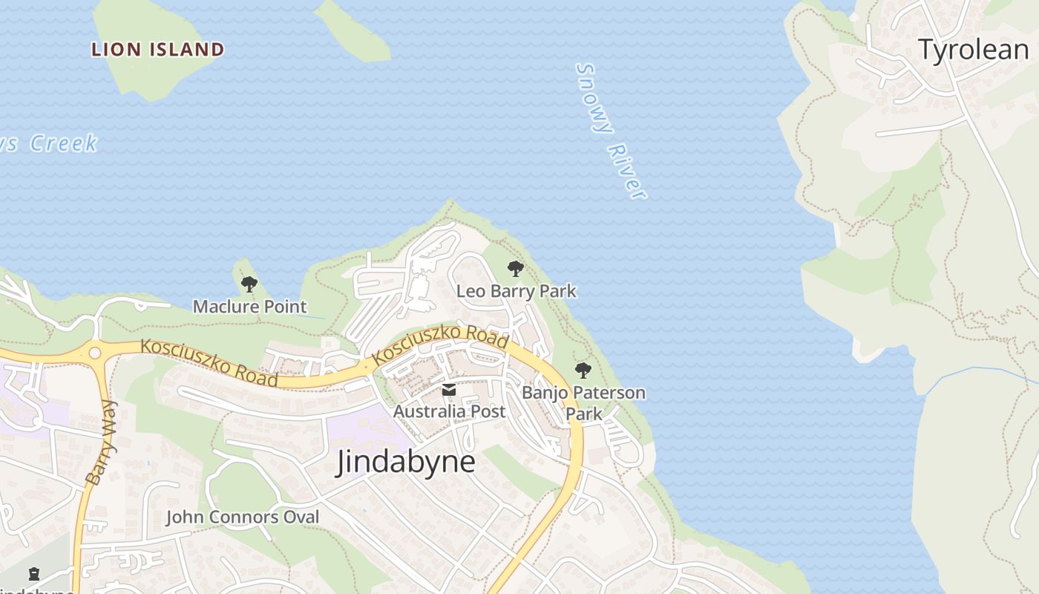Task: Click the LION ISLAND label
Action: pos(157,50)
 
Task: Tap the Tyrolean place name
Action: pos(974,50)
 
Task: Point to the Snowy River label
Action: pos(610,131)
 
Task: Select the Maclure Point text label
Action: pos(249,306)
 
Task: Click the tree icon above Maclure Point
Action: pos(249,284)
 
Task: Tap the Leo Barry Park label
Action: pos(516,291)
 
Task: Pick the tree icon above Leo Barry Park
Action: pos(515,269)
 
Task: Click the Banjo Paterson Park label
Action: pos(583,402)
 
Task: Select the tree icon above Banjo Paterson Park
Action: pos(583,370)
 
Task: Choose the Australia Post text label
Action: pos(449,411)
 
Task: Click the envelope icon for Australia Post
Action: pos(449,390)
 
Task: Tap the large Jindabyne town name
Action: pos(405,462)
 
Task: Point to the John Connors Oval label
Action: pos(242,517)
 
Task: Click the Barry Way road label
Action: pos(102,443)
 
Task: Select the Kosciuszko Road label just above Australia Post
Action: pos(440,345)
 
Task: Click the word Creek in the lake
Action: pos(64,143)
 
